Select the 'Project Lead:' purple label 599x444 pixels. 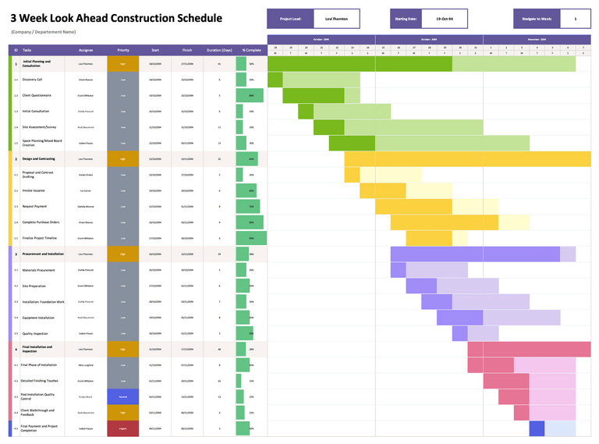click(x=290, y=18)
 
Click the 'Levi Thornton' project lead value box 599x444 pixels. click(x=337, y=18)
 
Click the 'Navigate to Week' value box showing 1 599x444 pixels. click(x=575, y=18)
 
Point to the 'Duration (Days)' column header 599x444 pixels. click(x=219, y=49)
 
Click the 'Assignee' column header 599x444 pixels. click(x=86, y=49)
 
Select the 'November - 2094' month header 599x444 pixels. click(x=537, y=39)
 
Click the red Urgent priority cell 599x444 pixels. click(x=123, y=428)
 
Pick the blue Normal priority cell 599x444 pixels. click(x=123, y=396)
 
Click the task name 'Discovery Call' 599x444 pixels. click(x=33, y=80)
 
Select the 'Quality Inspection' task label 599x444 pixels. click(x=36, y=333)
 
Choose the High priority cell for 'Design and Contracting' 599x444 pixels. click(x=123, y=158)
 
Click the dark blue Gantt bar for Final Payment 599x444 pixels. click(x=537, y=428)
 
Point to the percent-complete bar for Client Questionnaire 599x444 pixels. click(x=249, y=95)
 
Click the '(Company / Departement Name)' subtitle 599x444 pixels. click(x=44, y=32)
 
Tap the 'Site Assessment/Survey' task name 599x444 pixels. click(x=40, y=126)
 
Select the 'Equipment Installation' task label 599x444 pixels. click(x=38, y=318)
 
